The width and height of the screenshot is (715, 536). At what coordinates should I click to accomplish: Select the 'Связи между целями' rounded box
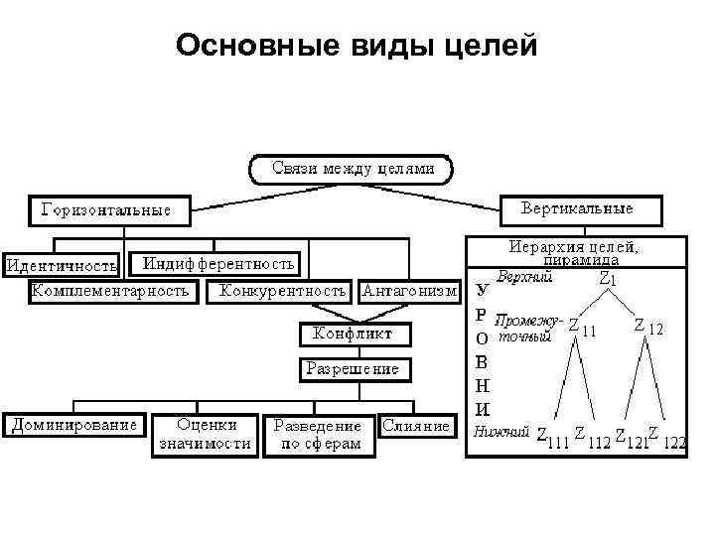tap(354, 169)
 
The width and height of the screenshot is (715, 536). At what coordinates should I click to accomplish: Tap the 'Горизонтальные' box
tap(105, 210)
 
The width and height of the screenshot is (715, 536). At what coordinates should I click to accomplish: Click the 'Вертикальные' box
tap(577, 209)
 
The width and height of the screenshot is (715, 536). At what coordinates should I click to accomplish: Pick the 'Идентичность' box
tap(62, 265)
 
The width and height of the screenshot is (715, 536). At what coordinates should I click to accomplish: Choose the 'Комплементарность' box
tap(110, 291)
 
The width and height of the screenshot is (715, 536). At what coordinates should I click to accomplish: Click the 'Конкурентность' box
tap(283, 291)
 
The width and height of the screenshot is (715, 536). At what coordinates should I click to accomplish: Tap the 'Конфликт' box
tap(353, 335)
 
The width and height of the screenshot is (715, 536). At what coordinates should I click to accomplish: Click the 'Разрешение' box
tap(353, 368)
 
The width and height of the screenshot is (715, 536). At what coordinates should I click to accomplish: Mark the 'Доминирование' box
tap(74, 425)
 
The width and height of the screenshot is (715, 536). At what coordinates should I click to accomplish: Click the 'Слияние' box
tap(415, 425)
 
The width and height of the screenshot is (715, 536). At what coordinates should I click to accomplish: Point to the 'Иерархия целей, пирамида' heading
tap(574, 251)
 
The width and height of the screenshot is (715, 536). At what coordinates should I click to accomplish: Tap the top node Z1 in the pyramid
tap(609, 280)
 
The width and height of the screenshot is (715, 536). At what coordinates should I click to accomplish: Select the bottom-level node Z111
tap(551, 439)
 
